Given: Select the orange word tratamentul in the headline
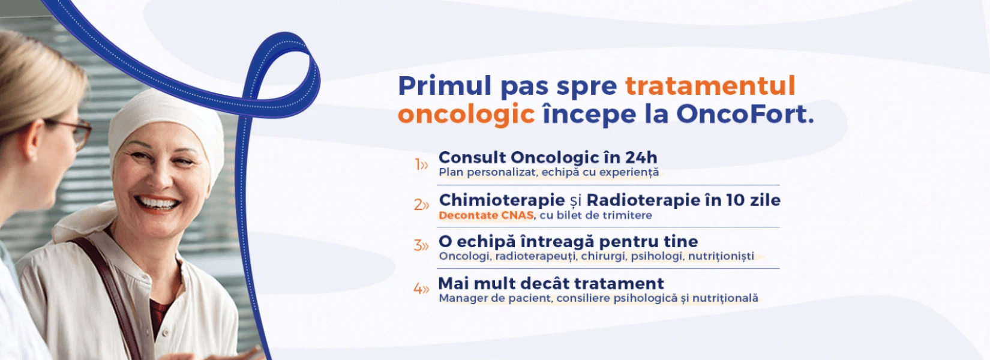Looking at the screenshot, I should coord(710,86).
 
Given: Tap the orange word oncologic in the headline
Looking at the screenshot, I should coord(466,114).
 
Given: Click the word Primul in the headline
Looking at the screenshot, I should coord(445,86).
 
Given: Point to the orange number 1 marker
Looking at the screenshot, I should coord(421,164).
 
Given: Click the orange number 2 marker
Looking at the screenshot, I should coord(421,205).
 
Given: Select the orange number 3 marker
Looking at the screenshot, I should coord(421,245).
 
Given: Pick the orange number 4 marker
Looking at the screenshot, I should coord(421,289).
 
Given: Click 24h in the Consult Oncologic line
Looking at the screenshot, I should coord(641,157).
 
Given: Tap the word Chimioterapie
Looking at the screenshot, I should coord(502,200).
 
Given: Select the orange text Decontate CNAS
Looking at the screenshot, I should coord(486,215).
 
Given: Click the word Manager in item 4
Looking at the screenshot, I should coord(463,298).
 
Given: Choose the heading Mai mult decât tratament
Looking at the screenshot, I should coord(551,283).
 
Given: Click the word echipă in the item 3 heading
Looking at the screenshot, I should coord(485,242).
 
